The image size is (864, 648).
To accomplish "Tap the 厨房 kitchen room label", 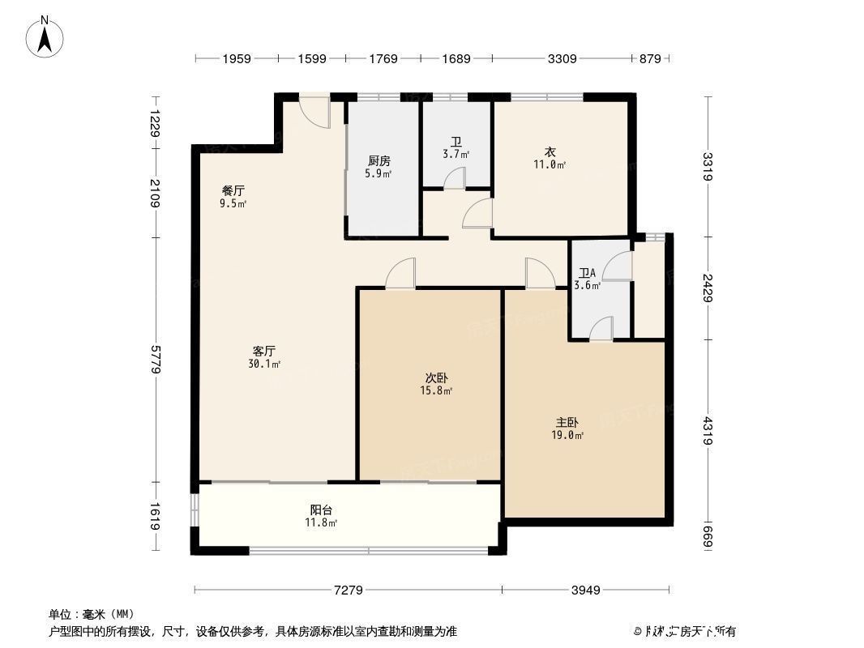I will tap(379, 160).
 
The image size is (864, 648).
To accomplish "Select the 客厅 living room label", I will tap(264, 352).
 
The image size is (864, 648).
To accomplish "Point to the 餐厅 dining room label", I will tap(233, 191).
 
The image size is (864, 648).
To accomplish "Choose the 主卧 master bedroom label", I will tap(567, 423).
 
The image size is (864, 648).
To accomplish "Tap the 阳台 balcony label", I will tap(322, 510).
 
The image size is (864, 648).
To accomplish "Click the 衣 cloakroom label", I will tap(550, 152).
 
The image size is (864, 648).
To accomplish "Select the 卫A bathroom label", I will tap(586, 274).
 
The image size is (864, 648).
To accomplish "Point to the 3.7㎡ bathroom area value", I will tap(456, 153).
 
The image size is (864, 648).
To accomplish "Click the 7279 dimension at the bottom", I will tap(348, 590).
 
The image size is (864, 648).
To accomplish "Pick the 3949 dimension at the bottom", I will tap(584, 590).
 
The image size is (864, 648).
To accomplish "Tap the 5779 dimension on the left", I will tap(154, 358).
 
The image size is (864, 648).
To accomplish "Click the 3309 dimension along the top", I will tap(562, 58).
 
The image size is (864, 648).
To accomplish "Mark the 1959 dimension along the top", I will tap(236, 58).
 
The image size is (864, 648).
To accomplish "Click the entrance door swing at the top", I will tap(315, 112).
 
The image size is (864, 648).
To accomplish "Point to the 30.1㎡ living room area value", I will tap(265, 364).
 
